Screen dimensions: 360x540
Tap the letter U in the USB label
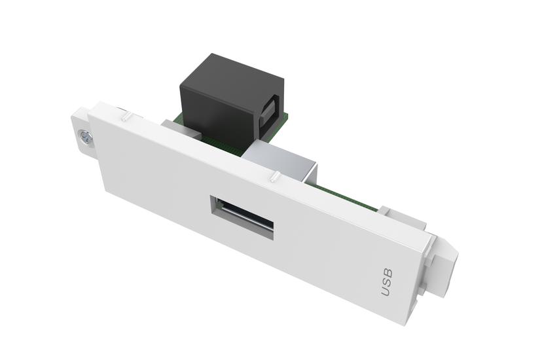[386, 290]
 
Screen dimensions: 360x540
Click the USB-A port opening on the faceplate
[241, 217]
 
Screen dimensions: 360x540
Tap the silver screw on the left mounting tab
[84, 137]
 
